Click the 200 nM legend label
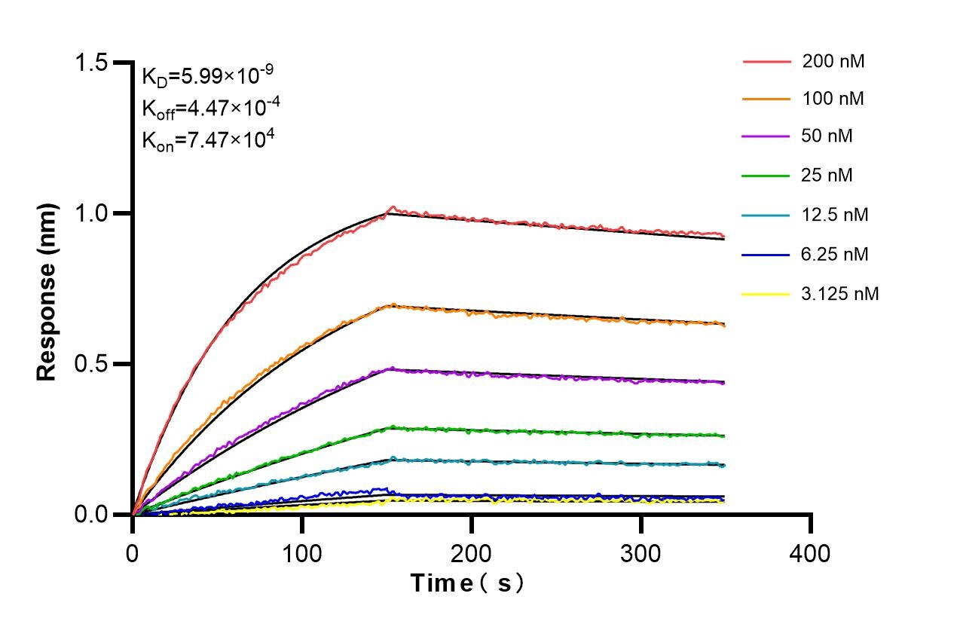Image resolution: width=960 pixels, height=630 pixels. (x=833, y=62)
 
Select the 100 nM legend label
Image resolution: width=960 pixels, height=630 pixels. (x=833, y=99)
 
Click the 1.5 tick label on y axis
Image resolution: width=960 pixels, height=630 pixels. (x=91, y=63)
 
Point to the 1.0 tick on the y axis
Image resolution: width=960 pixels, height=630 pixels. (x=91, y=213)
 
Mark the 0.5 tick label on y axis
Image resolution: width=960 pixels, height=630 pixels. (x=91, y=364)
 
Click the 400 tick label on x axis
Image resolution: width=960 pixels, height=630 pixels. (x=810, y=554)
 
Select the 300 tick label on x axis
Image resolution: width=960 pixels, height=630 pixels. (x=641, y=554)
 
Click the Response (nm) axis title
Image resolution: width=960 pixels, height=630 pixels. (x=47, y=290)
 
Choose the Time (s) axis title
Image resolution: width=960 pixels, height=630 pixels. (x=467, y=583)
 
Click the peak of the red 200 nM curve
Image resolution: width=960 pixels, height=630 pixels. (x=391, y=206)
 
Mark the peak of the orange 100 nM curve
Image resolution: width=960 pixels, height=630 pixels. (x=391, y=304)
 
